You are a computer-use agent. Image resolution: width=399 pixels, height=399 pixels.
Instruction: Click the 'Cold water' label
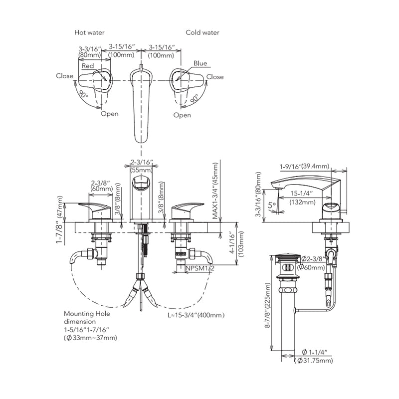[x=202, y=32]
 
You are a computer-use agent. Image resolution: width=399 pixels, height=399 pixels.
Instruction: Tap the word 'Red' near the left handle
[x=88, y=66]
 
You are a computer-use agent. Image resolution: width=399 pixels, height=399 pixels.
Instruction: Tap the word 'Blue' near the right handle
[x=200, y=64]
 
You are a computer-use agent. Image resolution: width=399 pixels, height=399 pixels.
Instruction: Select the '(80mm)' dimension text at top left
[x=90, y=55]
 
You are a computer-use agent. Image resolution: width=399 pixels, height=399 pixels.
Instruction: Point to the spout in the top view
[x=142, y=105]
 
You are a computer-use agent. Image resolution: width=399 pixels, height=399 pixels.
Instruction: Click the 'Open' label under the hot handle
[x=109, y=114]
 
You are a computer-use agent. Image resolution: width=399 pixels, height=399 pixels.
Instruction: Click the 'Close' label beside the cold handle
[x=215, y=77]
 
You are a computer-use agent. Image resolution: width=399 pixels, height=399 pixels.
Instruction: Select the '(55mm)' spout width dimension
[x=141, y=170]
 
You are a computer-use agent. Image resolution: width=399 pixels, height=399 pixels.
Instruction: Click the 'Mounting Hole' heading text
[x=87, y=314]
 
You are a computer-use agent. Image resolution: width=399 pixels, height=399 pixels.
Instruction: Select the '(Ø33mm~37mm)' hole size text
[x=90, y=338]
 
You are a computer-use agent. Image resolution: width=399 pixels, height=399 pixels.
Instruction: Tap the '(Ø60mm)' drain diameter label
[x=315, y=267]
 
